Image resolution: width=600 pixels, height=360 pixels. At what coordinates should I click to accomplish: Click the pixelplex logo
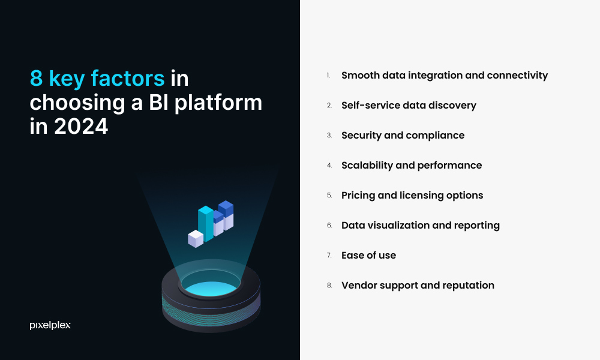pyautogui.click(x=50, y=325)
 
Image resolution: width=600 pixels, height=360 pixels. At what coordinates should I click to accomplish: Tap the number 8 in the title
pyautogui.click(x=36, y=79)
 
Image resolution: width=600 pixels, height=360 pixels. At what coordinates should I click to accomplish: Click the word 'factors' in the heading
pyautogui.click(x=128, y=78)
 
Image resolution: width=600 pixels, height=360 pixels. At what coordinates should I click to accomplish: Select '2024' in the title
pyautogui.click(x=81, y=126)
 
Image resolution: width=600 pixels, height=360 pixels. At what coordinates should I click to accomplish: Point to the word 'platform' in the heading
pyautogui.click(x=218, y=103)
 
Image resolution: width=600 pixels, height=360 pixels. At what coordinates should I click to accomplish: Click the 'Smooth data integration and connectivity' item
pyautogui.click(x=445, y=76)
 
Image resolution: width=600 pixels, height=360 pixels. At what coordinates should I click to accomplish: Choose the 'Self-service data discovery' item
pyautogui.click(x=409, y=105)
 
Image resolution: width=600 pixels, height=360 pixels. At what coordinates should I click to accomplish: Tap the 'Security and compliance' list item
pyautogui.click(x=403, y=136)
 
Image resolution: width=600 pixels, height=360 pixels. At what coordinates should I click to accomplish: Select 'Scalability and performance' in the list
pyautogui.click(x=412, y=165)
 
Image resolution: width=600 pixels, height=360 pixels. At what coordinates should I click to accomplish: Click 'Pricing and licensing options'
pyautogui.click(x=412, y=196)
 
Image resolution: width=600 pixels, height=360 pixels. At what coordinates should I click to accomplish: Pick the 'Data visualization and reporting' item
pyautogui.click(x=421, y=226)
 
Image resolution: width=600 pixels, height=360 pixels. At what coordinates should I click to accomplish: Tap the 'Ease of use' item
pyautogui.click(x=368, y=255)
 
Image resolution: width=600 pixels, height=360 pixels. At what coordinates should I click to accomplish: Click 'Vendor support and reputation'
pyautogui.click(x=418, y=286)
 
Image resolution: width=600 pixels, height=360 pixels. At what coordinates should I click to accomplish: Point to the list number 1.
pyautogui.click(x=328, y=76)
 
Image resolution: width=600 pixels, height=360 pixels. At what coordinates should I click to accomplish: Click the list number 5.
pyautogui.click(x=329, y=196)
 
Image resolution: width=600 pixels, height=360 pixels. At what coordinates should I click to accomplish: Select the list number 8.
pyautogui.click(x=329, y=286)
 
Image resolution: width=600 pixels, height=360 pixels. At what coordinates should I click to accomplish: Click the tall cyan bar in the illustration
pyautogui.click(x=205, y=223)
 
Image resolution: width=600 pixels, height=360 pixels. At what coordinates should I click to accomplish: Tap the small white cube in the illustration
pyautogui.click(x=196, y=239)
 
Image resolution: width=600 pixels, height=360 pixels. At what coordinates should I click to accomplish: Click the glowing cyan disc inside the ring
pyautogui.click(x=211, y=288)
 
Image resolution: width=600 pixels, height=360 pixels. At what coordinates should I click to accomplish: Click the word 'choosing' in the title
pyautogui.click(x=77, y=103)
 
